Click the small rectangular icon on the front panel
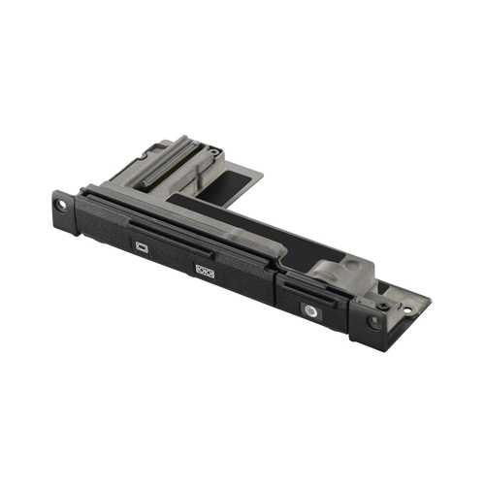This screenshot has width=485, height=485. click(142, 247)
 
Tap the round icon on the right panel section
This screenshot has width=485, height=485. click(309, 313)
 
